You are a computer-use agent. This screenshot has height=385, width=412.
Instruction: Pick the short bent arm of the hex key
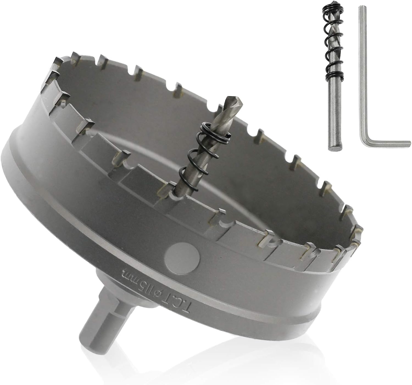click(x=385, y=143)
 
